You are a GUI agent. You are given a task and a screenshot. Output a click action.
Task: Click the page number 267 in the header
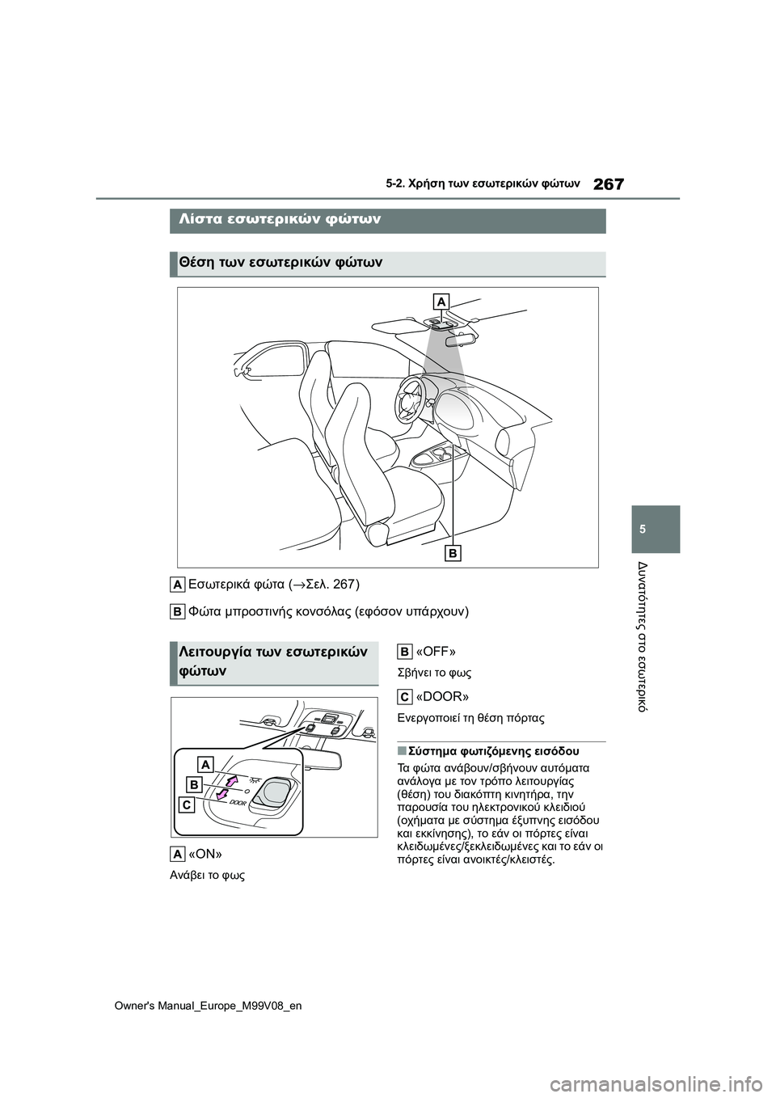pyautogui.click(x=608, y=184)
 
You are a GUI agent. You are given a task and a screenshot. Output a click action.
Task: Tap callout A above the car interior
pyautogui.click(x=441, y=302)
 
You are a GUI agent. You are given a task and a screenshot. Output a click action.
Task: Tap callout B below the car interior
pyautogui.click(x=453, y=553)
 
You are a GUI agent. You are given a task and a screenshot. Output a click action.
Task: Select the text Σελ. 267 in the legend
pyautogui.click(x=331, y=584)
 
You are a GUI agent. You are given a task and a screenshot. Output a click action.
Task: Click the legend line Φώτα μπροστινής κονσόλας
pyautogui.click(x=327, y=610)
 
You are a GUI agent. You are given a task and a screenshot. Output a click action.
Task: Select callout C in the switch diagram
pyautogui.click(x=187, y=805)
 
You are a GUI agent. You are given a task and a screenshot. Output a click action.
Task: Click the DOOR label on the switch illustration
pyautogui.click(x=237, y=803)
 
